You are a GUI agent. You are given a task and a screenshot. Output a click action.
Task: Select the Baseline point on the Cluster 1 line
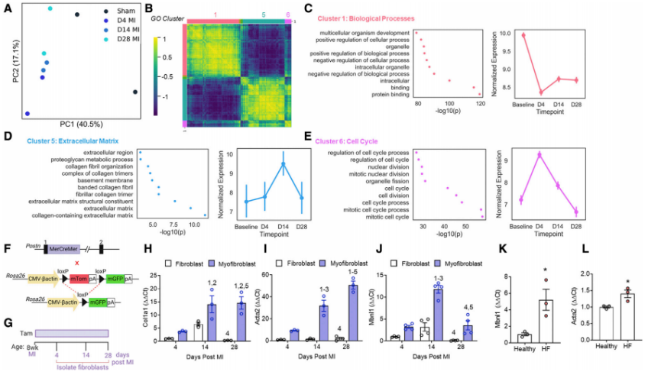click(x=524, y=35)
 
